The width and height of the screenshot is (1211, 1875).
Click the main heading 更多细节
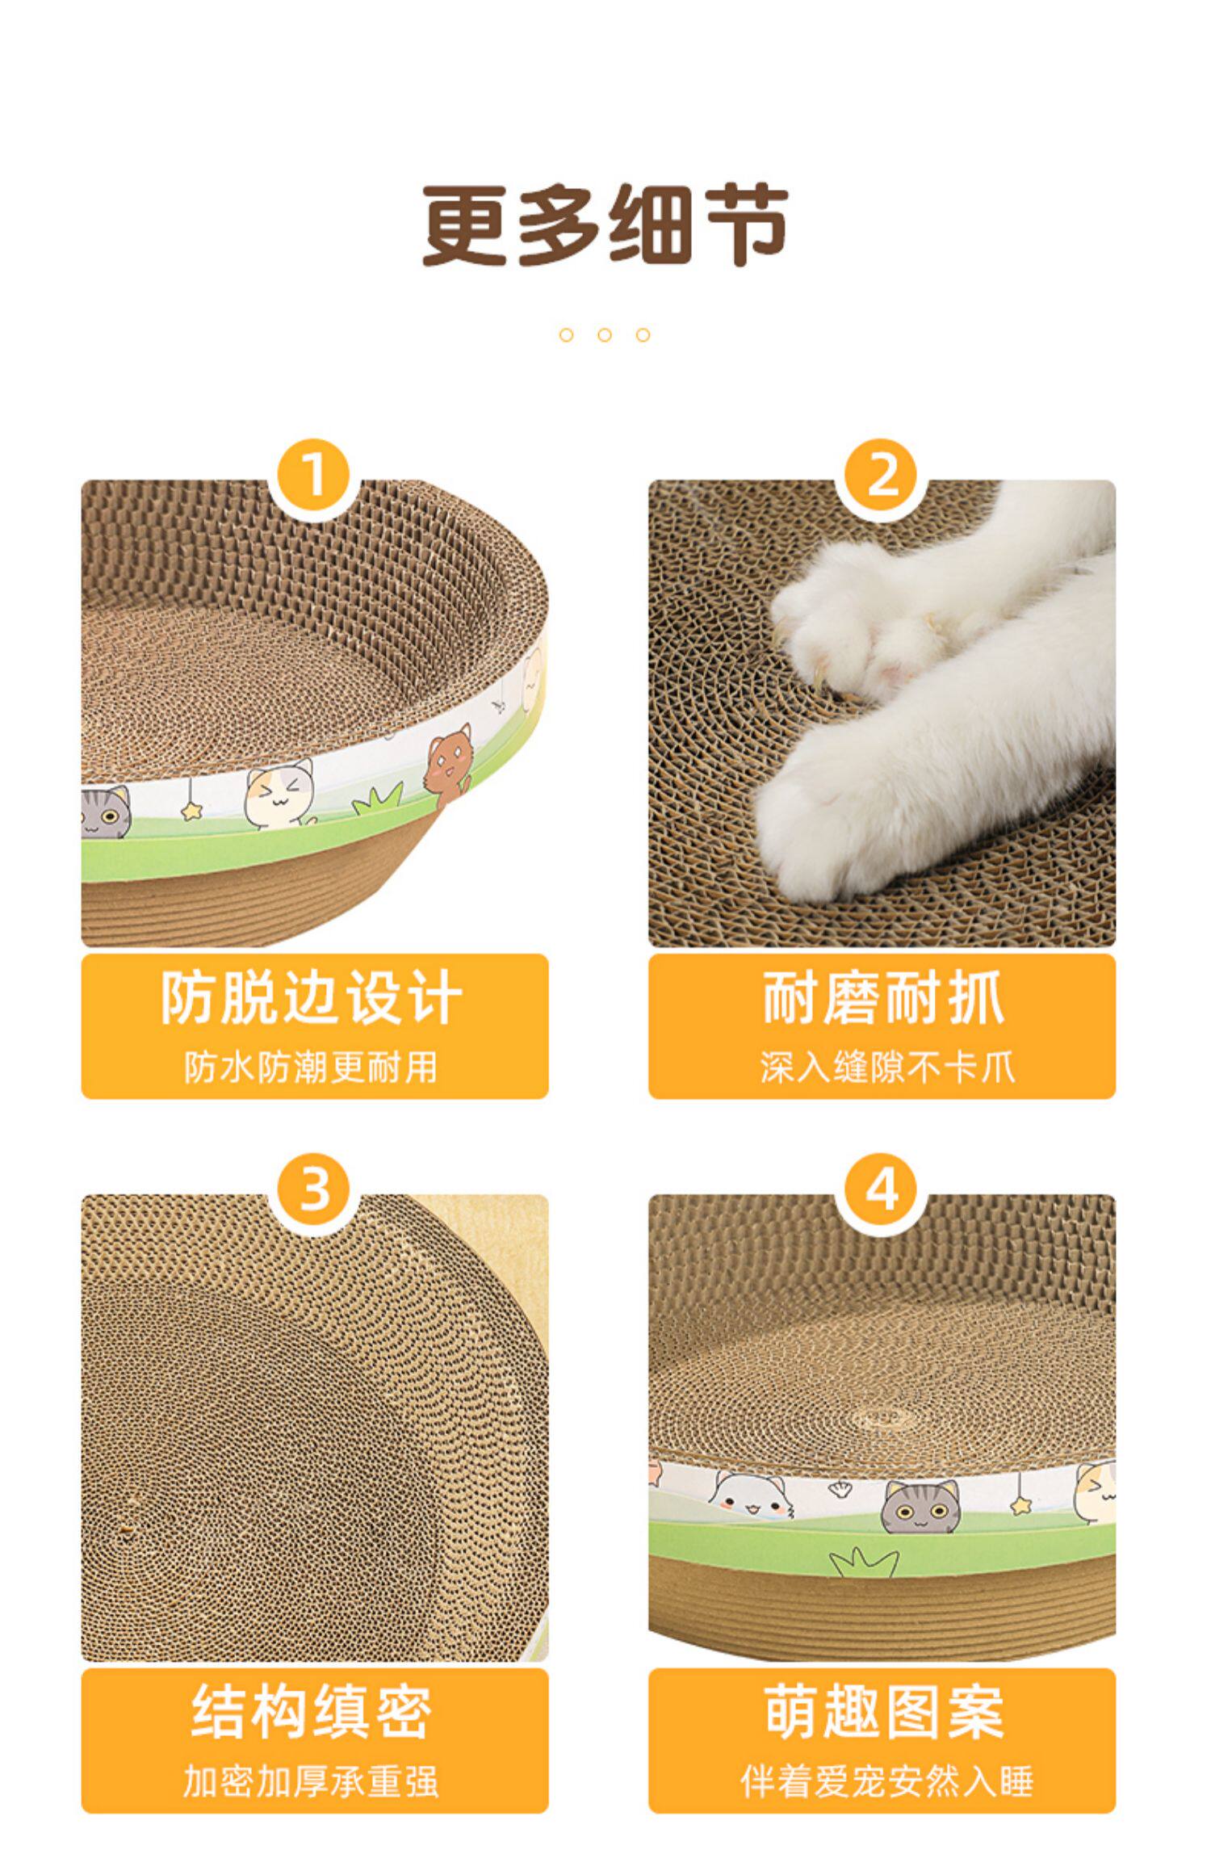tap(605, 225)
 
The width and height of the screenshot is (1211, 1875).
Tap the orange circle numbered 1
tap(314, 477)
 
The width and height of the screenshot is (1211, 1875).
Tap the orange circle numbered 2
tap(882, 477)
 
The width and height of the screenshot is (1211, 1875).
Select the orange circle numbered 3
tap(314, 1190)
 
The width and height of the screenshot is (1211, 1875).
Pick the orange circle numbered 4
tap(882, 1190)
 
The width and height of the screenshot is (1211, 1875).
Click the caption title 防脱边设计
tap(313, 999)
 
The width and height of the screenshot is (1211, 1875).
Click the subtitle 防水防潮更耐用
tap(312, 1067)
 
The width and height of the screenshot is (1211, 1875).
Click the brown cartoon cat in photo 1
tap(449, 762)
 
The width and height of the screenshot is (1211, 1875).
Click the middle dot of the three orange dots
tap(605, 335)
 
